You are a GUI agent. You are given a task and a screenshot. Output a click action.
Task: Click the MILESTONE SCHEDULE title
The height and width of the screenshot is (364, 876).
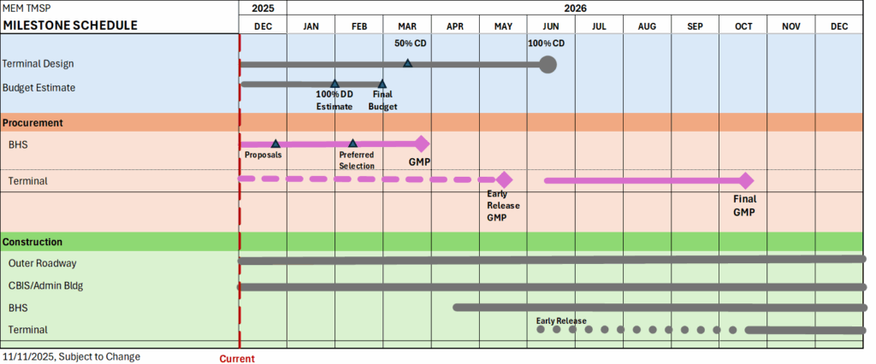(x=70, y=26)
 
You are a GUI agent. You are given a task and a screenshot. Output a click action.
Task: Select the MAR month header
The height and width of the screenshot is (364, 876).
(x=407, y=26)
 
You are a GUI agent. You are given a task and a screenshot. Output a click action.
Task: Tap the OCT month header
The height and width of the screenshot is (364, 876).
(x=743, y=26)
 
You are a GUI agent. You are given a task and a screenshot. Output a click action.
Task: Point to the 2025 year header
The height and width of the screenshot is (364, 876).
(x=263, y=8)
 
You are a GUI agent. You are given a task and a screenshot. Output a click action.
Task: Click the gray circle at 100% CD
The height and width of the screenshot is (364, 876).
(x=548, y=64)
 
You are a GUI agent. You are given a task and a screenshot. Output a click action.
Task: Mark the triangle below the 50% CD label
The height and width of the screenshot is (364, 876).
(x=408, y=63)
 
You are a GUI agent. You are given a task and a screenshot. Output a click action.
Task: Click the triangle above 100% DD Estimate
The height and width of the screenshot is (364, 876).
(x=334, y=84)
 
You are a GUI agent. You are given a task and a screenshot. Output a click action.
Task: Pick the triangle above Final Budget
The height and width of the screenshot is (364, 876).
(x=382, y=84)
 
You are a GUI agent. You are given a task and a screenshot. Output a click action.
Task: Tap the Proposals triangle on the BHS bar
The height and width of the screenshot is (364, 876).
(x=275, y=144)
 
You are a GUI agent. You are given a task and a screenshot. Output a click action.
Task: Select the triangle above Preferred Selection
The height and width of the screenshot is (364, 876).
(x=352, y=144)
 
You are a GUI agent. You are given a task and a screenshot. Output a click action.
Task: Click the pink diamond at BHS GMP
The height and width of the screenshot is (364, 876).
(x=420, y=144)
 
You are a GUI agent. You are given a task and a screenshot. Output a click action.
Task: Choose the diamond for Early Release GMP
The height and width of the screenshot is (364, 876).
(x=504, y=179)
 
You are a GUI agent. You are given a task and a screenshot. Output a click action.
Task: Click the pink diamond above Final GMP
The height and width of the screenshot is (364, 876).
(x=745, y=180)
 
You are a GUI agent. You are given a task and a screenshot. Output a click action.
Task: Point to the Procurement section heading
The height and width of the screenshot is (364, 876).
(x=33, y=123)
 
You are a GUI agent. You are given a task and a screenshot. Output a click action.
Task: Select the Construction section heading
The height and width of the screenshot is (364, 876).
(x=33, y=242)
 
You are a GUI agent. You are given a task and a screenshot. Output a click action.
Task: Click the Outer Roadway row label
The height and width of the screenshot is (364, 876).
(x=42, y=263)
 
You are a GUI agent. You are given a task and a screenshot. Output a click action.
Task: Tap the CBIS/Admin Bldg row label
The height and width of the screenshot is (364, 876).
(x=45, y=285)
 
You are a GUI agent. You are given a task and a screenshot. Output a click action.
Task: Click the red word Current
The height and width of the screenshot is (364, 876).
(x=237, y=359)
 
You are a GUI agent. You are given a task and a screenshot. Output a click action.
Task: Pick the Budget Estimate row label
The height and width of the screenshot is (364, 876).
(x=39, y=87)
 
